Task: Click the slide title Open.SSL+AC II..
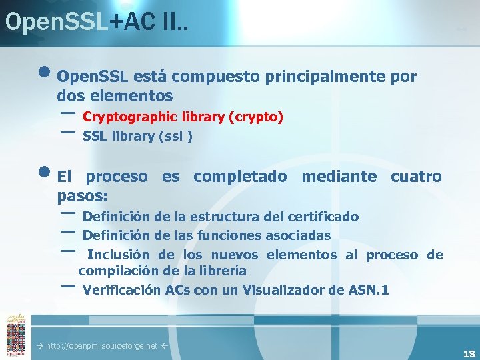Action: (x=96, y=21)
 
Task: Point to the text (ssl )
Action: (x=175, y=137)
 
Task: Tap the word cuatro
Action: (x=416, y=177)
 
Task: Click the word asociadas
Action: (x=298, y=235)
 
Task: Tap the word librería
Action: (x=219, y=271)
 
